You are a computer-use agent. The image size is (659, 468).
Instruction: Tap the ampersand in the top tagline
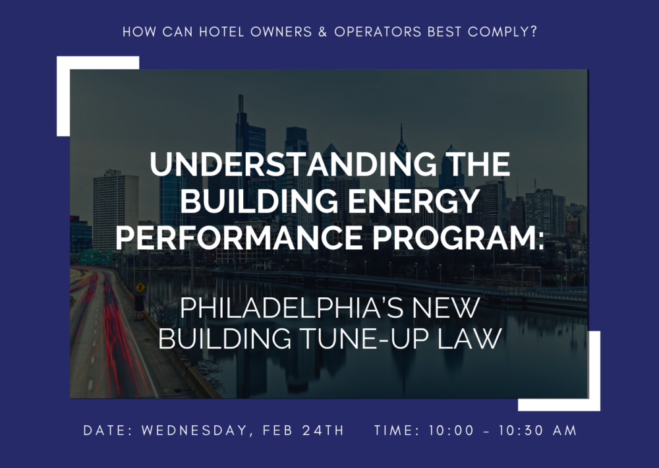(x=322, y=32)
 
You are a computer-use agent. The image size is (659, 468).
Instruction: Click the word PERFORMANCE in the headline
(x=239, y=237)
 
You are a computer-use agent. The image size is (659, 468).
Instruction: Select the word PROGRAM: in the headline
(x=458, y=237)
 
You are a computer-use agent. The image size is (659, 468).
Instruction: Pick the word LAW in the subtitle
(x=470, y=338)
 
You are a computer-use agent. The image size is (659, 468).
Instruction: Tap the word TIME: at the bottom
(x=397, y=430)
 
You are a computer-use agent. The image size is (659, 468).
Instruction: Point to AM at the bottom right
(x=565, y=430)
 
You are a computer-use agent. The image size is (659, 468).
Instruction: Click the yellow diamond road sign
(x=140, y=288)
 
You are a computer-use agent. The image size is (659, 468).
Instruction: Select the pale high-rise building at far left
(x=115, y=210)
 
